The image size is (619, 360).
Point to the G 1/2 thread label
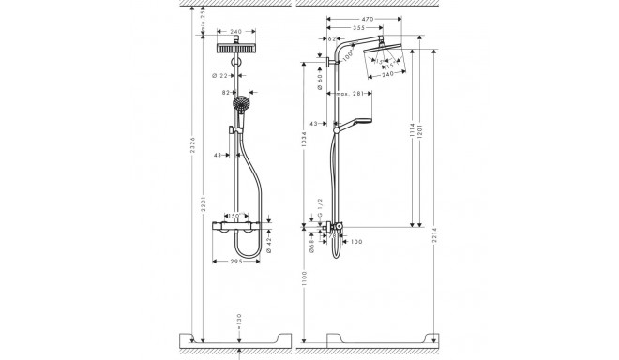pos(319,220)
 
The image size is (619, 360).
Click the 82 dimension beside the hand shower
pos(226,94)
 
